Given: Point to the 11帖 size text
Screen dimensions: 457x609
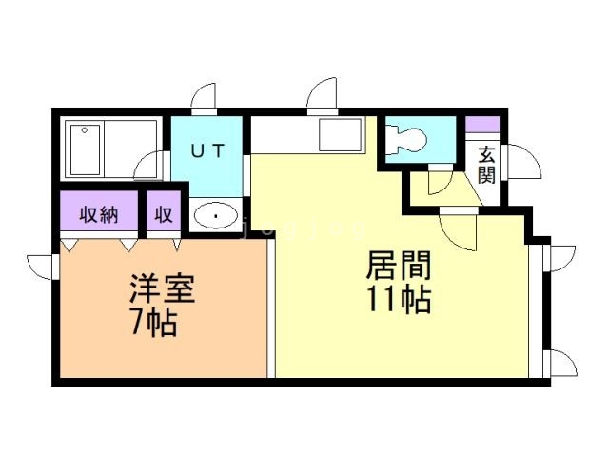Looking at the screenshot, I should (x=399, y=299).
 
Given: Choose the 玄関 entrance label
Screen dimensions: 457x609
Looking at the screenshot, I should (x=487, y=164).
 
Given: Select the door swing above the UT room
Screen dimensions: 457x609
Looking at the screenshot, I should (x=205, y=99).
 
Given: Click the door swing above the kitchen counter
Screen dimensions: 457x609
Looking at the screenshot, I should (x=322, y=96).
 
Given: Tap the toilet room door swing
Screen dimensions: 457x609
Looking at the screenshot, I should (x=439, y=180).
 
